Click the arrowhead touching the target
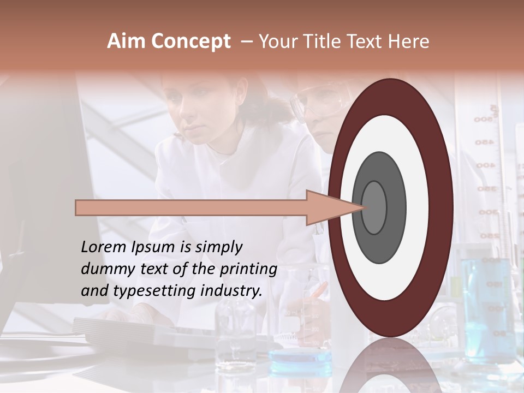click(x=333, y=207)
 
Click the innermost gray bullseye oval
click(x=374, y=207)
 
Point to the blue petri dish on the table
click(x=300, y=356)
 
